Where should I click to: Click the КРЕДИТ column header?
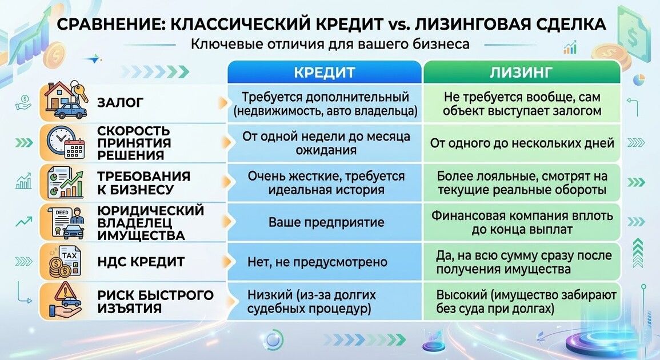click(x=324, y=73)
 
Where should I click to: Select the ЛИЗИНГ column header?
click(x=521, y=73)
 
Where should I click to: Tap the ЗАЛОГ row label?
click(x=121, y=102)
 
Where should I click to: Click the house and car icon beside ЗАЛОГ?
click(x=65, y=102)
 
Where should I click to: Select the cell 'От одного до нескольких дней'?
click(x=522, y=143)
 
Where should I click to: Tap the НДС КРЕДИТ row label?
click(x=141, y=262)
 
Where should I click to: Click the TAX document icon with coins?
click(x=65, y=262)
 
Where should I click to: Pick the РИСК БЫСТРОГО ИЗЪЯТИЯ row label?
click(x=155, y=302)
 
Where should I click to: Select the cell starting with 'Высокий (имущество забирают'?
click(x=522, y=302)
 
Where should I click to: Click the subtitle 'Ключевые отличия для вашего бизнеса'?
click(x=330, y=44)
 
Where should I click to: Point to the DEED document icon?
click(x=65, y=222)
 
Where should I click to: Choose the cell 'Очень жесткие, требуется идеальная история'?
click(x=326, y=183)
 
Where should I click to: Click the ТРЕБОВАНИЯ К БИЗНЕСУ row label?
click(x=143, y=183)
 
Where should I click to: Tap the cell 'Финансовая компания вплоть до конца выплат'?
click(x=522, y=223)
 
